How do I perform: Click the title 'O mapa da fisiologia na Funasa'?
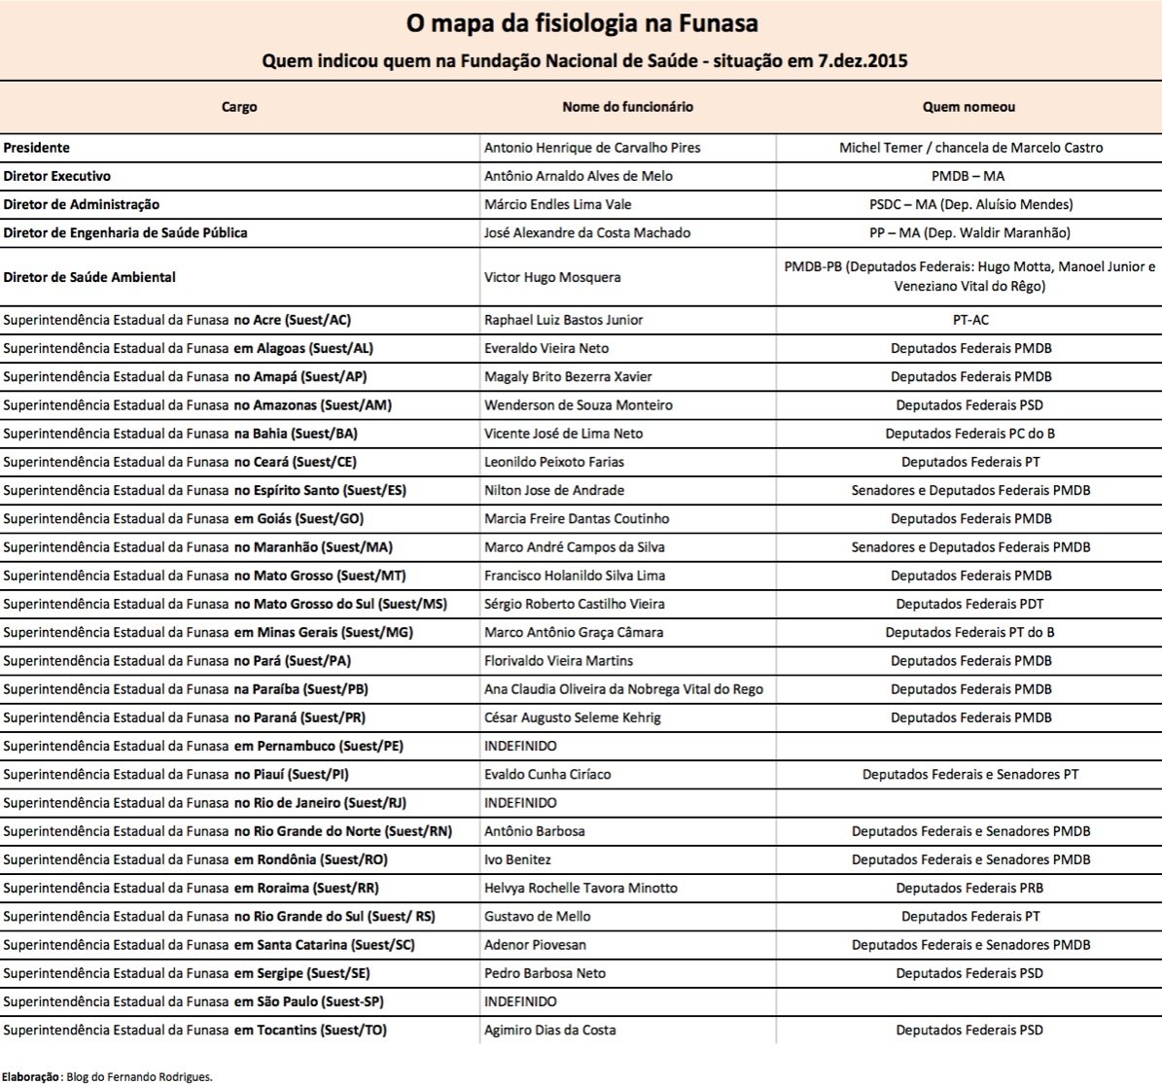pyautogui.click(x=581, y=23)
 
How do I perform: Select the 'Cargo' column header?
pyautogui.click(x=239, y=107)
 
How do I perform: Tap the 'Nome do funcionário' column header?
pyautogui.click(x=627, y=107)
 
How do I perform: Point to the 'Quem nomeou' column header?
pyautogui.click(x=968, y=107)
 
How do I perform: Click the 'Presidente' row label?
pyautogui.click(x=37, y=148)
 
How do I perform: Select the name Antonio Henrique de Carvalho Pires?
pyautogui.click(x=592, y=148)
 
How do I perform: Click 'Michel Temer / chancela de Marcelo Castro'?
pyautogui.click(x=970, y=148)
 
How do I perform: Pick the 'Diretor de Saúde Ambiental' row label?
pyautogui.click(x=89, y=277)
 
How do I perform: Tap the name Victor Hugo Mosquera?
pyautogui.click(x=552, y=277)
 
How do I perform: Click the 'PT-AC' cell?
pyautogui.click(x=970, y=320)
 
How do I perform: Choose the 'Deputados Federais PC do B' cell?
pyautogui.click(x=969, y=434)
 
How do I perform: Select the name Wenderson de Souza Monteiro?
pyautogui.click(x=579, y=405)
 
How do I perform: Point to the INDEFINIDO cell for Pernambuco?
pyautogui.click(x=521, y=747)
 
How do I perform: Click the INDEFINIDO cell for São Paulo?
pyautogui.click(x=521, y=1002)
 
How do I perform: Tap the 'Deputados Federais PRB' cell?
pyautogui.click(x=969, y=889)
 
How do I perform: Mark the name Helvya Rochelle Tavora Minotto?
pyautogui.click(x=581, y=889)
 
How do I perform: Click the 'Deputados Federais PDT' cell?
pyautogui.click(x=969, y=605)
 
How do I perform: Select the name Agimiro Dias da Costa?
pyautogui.click(x=550, y=1031)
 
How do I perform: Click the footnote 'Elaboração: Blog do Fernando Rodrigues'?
pyautogui.click(x=107, y=1076)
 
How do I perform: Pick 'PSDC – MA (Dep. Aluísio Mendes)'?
pyautogui.click(x=970, y=205)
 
